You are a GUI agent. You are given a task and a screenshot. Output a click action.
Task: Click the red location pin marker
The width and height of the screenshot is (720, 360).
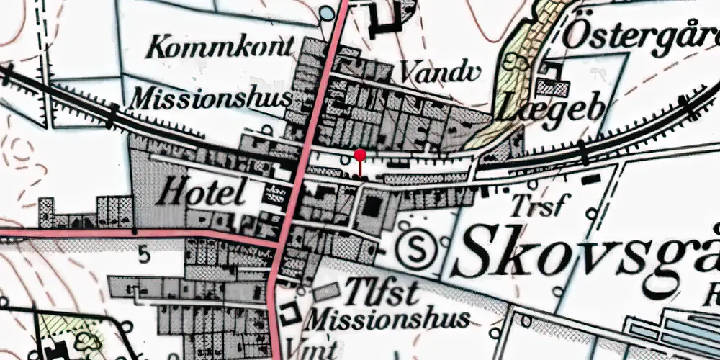(361, 155)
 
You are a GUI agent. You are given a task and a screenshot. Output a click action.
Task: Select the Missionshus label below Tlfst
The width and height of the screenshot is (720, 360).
(389, 318)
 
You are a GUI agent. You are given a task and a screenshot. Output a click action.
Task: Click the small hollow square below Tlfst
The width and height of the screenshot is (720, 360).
(292, 314)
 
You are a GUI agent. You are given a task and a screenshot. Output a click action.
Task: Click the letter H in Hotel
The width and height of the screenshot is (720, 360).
(171, 192)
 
